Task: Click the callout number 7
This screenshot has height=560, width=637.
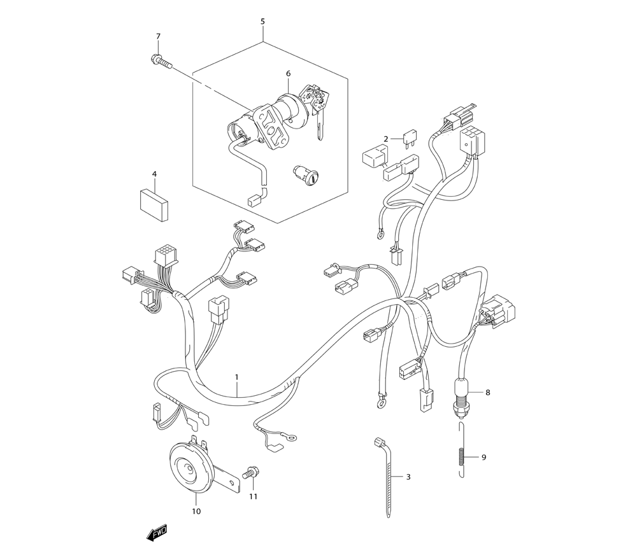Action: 159,36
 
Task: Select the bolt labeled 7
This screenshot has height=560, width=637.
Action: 161,61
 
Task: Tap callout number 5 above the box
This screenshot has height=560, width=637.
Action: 262,22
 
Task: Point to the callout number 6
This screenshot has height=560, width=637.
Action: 289,73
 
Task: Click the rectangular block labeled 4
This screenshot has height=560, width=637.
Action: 154,205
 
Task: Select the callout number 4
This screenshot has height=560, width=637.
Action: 154,174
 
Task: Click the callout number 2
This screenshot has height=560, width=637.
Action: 386,139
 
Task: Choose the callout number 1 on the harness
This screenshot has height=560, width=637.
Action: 236,377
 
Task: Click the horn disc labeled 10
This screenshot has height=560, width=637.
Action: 192,468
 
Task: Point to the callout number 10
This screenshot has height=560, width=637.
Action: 196,511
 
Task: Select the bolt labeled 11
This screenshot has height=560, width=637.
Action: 250,473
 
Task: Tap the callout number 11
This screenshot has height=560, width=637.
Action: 254,496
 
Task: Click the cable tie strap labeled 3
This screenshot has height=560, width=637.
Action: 386,477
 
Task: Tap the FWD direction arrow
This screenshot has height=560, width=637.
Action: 157,533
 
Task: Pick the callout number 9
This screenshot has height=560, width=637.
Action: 484,458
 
